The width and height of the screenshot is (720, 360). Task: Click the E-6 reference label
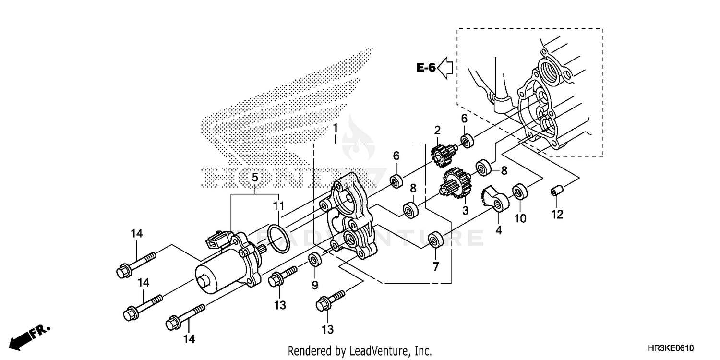(425, 68)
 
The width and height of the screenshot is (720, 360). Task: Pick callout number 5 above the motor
(255, 178)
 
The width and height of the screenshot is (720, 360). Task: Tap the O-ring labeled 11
(278, 238)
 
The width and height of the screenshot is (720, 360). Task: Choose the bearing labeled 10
(519, 192)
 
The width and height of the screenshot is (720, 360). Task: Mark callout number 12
(557, 215)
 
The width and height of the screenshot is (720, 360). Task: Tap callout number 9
(315, 285)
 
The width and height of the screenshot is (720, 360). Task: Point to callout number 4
(498, 230)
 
